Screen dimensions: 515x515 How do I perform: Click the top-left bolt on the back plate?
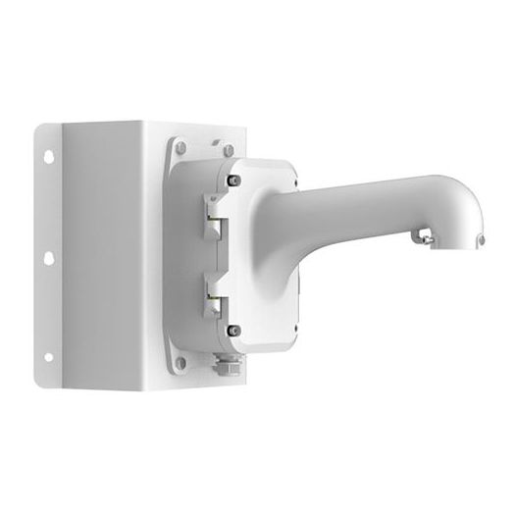(x=180, y=147)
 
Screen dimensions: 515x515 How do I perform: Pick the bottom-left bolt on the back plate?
(x=180, y=363)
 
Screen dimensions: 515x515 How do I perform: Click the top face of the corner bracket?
(x=147, y=128)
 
